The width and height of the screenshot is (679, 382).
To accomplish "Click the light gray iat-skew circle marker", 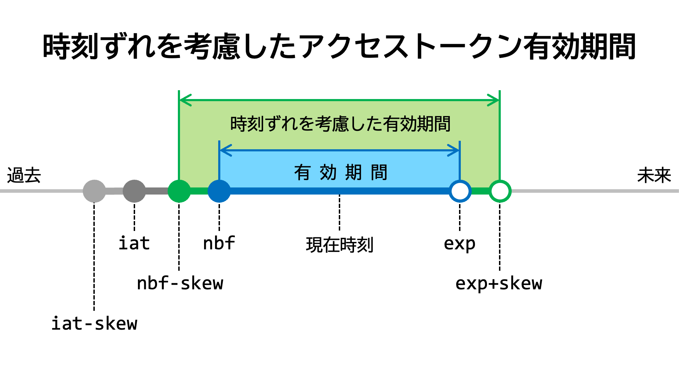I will pos(94,191).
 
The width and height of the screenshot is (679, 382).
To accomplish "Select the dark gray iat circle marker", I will pos(134,191).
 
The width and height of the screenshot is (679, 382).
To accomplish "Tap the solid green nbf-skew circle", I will pos(179,191).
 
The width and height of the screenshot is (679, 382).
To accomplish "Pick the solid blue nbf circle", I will pos(219,191).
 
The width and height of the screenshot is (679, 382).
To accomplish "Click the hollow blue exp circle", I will pos(460,191).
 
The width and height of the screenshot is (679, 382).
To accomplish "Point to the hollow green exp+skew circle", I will pos(500,191).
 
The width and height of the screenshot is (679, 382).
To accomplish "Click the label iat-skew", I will pos(94,323).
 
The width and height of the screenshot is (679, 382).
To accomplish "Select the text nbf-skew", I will pos(180,283).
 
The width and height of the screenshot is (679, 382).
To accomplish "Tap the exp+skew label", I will pos(499,283).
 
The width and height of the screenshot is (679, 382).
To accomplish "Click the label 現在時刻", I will pos(339,245).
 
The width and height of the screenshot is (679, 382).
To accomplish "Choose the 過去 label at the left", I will pos(24,175).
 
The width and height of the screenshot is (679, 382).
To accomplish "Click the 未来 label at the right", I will pos(654,175).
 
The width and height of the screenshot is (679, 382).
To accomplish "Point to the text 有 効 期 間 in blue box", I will pos(341,173).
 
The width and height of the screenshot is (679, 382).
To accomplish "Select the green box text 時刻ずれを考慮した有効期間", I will pos(340,124).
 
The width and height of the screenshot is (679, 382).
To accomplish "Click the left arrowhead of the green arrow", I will pos(185,100).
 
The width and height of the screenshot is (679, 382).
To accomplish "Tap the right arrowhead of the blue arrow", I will pos(453,150).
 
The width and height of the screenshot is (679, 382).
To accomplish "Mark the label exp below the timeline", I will pos(459,243).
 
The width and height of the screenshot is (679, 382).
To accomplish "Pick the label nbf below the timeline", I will pos(219,243).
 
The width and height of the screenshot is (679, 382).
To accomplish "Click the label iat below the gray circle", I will pos(134,243).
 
